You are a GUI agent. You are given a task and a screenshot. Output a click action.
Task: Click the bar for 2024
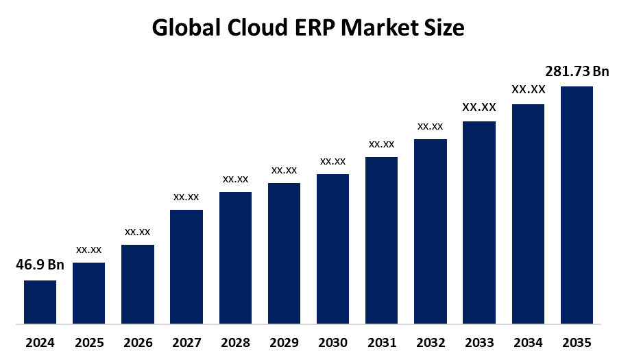[x=40, y=302]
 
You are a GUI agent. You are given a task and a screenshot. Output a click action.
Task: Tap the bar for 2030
[x=332, y=248]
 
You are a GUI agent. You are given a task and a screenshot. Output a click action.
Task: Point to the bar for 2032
[x=431, y=231]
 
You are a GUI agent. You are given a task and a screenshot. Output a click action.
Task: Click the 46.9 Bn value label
[x=40, y=265]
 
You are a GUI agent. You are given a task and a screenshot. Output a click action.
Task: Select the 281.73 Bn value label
[x=577, y=71]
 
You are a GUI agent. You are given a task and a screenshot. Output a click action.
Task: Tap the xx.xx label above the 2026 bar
[x=137, y=232]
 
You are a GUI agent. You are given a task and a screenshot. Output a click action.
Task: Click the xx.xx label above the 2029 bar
[x=284, y=170]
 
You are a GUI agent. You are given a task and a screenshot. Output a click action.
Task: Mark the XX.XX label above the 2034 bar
[x=528, y=89]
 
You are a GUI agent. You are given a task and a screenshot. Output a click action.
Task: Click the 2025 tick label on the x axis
[x=88, y=342]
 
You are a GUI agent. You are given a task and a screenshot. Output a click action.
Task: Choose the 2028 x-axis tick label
[x=235, y=342]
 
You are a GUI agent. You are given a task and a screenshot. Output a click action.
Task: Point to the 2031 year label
[x=381, y=342]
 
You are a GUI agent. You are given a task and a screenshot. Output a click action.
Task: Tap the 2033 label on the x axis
[x=479, y=342]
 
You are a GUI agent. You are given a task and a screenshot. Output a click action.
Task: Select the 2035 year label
[x=577, y=342]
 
